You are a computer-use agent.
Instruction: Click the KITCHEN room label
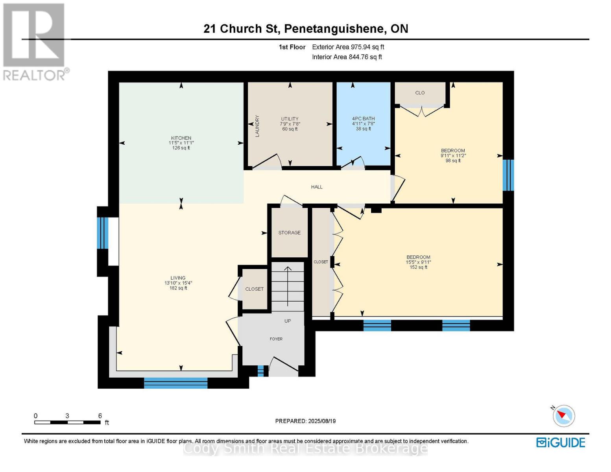tap(181, 138)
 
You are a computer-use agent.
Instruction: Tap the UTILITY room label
tap(290, 119)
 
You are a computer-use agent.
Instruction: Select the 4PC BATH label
tap(363, 118)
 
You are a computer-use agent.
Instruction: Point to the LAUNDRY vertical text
tap(257, 126)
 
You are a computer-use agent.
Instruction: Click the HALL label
tap(317, 187)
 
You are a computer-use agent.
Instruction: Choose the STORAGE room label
tap(289, 232)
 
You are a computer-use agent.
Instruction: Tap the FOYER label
tap(276, 339)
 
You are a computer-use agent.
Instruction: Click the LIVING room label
tap(178, 278)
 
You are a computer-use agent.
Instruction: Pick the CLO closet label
tap(420, 93)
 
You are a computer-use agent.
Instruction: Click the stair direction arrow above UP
tap(288, 286)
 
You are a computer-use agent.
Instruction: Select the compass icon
tap(563, 416)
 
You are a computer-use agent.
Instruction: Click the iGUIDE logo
tap(561, 443)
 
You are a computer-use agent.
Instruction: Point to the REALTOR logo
tap(35, 42)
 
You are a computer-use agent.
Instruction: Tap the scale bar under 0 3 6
tap(68, 422)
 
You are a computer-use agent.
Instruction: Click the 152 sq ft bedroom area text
tap(418, 267)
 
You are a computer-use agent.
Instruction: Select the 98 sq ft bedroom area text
tap(453, 160)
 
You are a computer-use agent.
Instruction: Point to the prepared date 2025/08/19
tap(322, 421)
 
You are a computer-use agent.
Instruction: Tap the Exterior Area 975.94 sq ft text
tap(348, 47)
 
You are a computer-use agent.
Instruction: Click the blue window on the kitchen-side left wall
tap(102, 233)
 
